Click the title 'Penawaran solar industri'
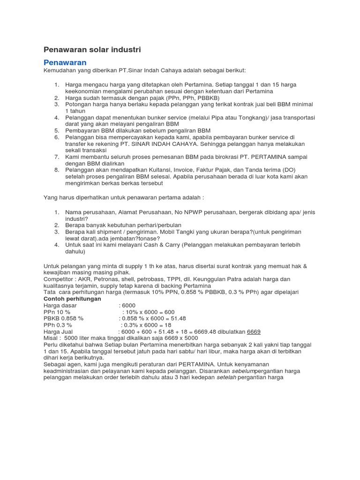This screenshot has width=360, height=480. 92,49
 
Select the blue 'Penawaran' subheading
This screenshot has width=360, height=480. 65,62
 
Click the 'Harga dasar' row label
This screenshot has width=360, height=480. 60,305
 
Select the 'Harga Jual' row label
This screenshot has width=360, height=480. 58,331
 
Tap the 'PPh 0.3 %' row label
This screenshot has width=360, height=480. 58,325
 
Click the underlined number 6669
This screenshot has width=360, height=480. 254,331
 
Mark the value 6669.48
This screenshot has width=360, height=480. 195,331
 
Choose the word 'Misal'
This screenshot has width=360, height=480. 51,338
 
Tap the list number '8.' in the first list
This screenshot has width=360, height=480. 56,169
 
